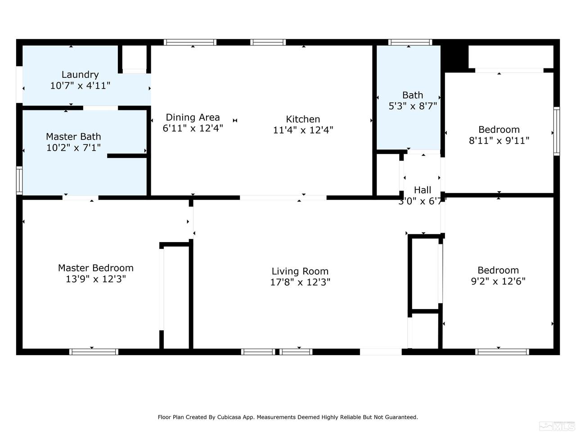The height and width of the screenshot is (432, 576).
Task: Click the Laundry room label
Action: point(80,75)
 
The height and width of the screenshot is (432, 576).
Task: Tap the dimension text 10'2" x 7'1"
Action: point(73,148)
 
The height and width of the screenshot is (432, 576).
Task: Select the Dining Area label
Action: point(193,117)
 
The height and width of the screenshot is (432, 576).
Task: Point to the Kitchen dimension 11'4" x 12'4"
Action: point(303,130)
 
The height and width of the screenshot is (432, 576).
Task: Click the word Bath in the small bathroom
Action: point(413,95)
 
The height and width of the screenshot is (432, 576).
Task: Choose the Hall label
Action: point(423,190)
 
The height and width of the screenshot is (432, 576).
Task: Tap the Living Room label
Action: point(300,271)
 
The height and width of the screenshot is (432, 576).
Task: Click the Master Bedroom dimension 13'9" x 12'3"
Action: point(96,279)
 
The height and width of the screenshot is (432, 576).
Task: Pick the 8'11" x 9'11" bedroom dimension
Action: point(499,140)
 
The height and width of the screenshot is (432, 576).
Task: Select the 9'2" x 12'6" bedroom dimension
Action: point(498,281)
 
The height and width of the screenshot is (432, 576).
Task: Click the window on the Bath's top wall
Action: point(410,42)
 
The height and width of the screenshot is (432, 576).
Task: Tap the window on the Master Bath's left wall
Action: point(19,180)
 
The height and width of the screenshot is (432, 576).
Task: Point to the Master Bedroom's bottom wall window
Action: point(94,352)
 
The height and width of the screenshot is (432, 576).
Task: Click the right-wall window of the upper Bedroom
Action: point(557,131)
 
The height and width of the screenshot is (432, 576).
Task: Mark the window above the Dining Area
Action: point(190,42)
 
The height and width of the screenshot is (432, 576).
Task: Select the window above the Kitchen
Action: point(268,42)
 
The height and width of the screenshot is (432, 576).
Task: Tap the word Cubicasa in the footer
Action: point(229,417)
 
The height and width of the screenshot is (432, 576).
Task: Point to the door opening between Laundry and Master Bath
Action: point(100,108)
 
